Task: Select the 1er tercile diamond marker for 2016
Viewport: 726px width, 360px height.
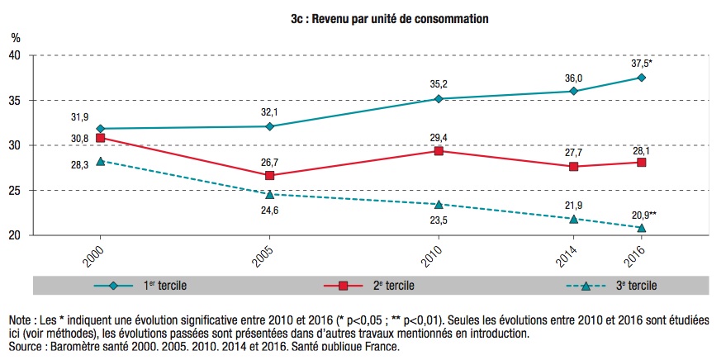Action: (641, 78)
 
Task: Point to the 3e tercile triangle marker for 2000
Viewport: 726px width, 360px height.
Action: (101, 161)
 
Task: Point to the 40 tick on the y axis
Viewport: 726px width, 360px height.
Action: (16, 55)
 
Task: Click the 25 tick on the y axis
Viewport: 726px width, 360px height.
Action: (16, 191)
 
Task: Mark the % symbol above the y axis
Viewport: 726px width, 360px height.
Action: (15, 37)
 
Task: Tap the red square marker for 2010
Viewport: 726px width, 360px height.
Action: (438, 151)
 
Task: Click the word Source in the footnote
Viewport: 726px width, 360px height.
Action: (26, 346)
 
